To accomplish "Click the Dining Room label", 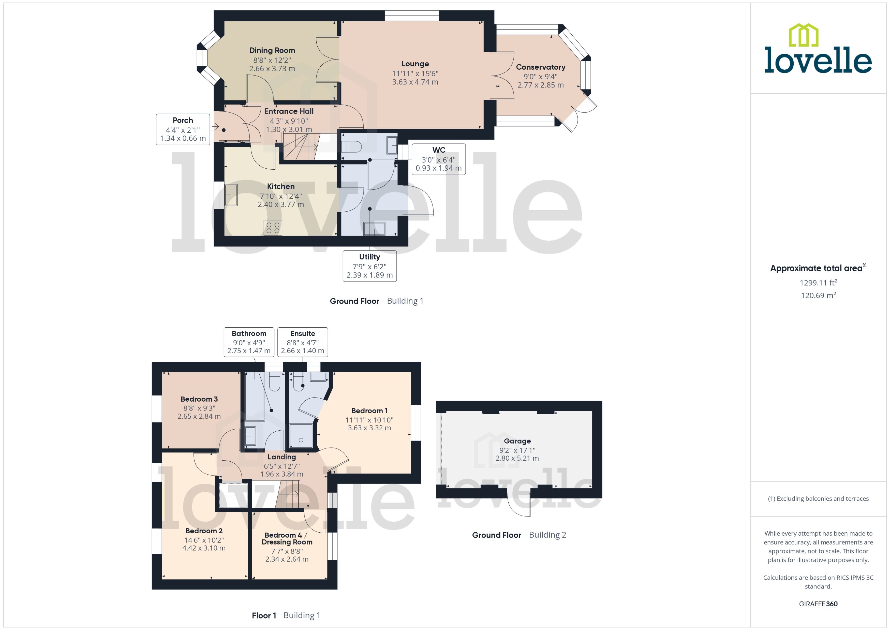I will [x=272, y=50].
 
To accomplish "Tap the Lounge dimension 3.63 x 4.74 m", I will [x=415, y=82].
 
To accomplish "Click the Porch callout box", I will [x=183, y=129].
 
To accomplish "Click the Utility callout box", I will [x=369, y=266].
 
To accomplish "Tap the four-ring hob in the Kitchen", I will [x=273, y=228].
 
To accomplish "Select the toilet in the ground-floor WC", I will [x=352, y=147].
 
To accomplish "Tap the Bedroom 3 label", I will [x=199, y=399].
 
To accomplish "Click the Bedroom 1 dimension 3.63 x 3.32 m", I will [x=369, y=428].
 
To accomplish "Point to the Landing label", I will [x=281, y=457].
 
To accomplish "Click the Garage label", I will [x=517, y=441].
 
